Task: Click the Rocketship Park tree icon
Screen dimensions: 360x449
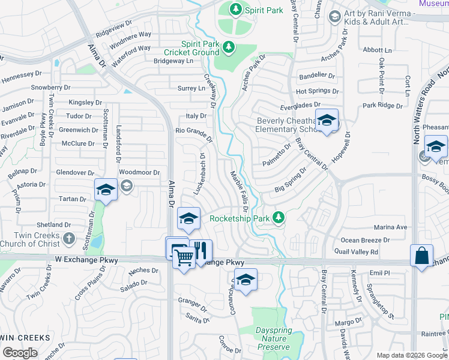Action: tap(279, 218)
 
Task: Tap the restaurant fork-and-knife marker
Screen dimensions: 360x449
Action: tap(200, 250)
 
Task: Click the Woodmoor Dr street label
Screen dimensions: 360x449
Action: tap(139, 172)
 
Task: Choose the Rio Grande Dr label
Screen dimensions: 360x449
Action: tap(193, 133)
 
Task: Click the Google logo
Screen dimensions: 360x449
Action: tap(20, 353)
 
